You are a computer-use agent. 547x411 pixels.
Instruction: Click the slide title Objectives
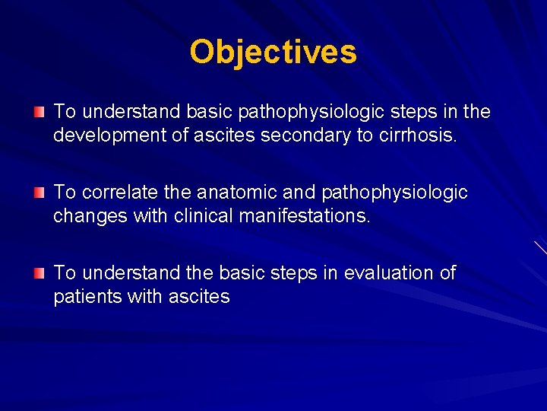point(273,53)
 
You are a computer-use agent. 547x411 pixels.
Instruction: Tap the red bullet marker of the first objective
point(39,113)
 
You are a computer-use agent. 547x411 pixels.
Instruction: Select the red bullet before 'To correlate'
point(39,193)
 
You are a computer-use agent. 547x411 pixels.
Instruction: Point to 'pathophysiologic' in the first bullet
point(310,113)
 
